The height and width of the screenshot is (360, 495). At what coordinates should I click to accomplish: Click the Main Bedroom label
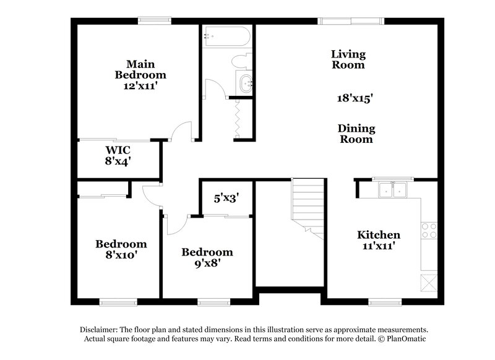(x=140, y=69)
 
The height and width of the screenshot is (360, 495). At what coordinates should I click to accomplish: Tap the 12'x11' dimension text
(x=140, y=87)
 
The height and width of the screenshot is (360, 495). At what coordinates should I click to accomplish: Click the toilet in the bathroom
(x=239, y=62)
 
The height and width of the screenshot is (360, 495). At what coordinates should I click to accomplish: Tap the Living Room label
(x=348, y=59)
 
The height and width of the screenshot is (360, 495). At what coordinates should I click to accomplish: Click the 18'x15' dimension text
(x=354, y=98)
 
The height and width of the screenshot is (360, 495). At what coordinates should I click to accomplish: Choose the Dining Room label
(x=356, y=134)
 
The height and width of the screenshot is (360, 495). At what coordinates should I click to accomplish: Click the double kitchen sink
(x=391, y=190)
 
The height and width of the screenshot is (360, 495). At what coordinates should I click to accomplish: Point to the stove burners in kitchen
(x=428, y=230)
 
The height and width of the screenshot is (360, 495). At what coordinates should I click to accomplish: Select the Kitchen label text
(x=378, y=235)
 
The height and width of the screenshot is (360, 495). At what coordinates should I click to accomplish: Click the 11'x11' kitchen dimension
(x=378, y=246)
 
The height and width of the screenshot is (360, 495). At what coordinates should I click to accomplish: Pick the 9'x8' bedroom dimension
(x=207, y=262)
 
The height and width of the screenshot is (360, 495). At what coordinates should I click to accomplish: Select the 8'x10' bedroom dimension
(x=121, y=254)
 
